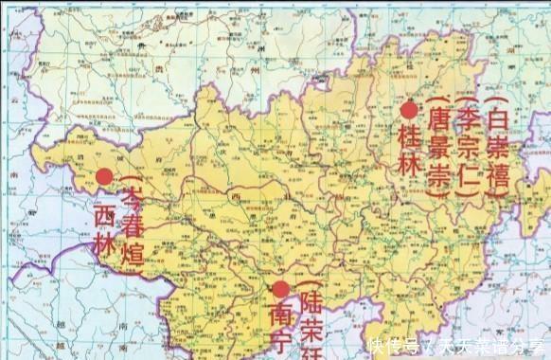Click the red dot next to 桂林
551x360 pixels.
[x=409, y=111]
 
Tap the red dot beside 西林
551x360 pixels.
[x=104, y=176]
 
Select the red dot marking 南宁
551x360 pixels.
[x=280, y=290]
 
